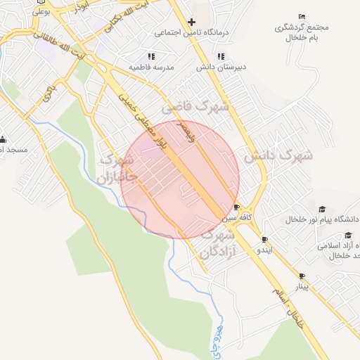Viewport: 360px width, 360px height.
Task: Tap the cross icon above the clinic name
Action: click(191, 22)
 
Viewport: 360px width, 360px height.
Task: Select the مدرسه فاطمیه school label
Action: click(151, 67)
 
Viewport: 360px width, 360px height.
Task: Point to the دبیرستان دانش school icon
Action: click(221, 56)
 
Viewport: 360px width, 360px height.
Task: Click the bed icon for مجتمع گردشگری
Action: click(302, 16)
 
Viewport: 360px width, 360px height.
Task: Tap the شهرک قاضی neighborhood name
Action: click(196, 107)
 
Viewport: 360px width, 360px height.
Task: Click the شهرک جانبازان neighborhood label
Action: click(117, 169)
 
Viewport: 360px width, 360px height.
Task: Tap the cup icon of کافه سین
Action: click(236, 207)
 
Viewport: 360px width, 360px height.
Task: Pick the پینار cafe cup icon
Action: click(302, 276)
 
